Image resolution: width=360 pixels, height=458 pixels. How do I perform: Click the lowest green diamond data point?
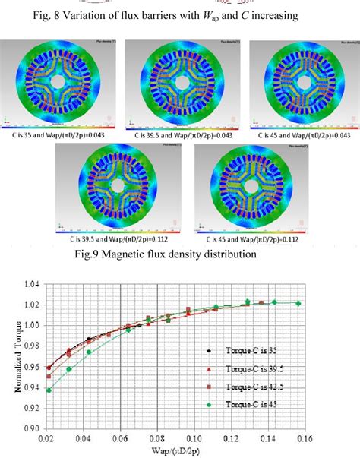click(50, 390)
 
